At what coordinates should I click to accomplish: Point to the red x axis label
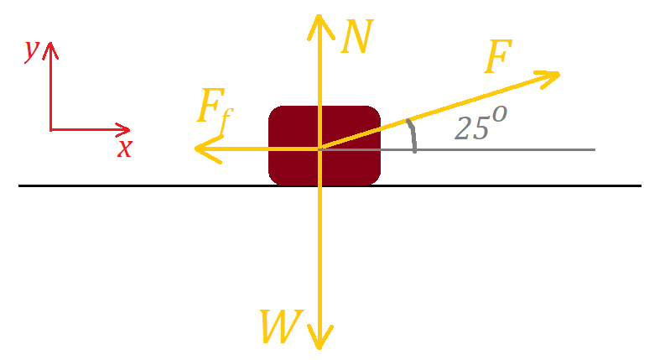point(124,149)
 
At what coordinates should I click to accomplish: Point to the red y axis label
point(31,50)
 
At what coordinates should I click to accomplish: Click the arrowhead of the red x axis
point(126,130)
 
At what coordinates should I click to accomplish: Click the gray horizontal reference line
point(520,149)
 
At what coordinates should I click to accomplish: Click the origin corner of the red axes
point(50,130)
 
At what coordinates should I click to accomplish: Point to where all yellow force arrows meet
point(319,149)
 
